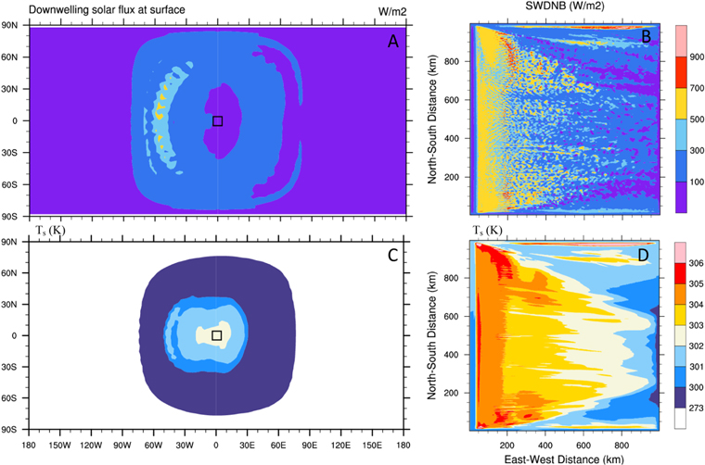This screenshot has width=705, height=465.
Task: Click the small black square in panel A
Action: [x=217, y=120]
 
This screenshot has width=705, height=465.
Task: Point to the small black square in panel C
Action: [x=217, y=335]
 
